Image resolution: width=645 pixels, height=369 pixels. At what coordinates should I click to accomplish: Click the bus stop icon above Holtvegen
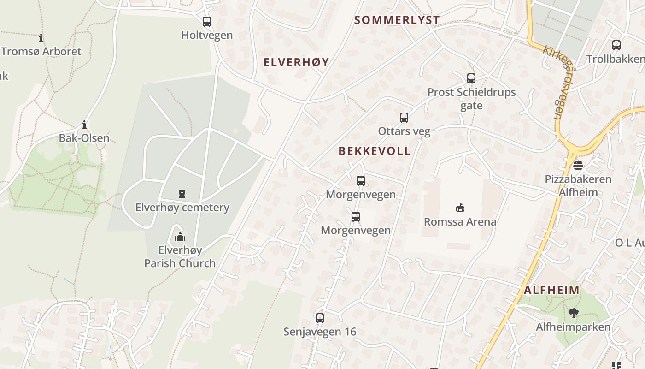point(207,21)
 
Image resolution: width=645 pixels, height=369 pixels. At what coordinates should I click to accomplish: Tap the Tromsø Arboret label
point(41,51)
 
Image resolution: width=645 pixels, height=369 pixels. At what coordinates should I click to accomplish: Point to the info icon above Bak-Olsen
point(84,125)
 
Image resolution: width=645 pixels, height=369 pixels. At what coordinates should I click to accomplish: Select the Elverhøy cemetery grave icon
point(182,194)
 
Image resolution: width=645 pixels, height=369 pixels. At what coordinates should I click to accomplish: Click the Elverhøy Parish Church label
point(180,257)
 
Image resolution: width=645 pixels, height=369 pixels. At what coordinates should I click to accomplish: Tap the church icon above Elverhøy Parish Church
point(180,237)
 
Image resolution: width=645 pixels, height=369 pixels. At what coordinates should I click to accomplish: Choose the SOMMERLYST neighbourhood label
point(397,20)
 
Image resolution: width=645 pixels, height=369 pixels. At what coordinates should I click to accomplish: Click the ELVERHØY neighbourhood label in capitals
point(296,62)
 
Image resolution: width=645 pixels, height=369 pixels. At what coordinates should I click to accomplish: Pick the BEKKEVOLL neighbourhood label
point(374,151)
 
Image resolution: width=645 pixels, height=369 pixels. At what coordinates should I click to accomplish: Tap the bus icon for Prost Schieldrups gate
point(471,78)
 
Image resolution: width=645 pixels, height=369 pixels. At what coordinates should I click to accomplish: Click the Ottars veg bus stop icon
point(404,118)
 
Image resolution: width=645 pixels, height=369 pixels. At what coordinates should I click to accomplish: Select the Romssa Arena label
point(460,222)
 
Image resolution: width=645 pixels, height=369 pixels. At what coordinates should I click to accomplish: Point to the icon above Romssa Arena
point(460,208)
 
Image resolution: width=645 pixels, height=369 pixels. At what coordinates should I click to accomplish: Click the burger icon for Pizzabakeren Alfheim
point(578,165)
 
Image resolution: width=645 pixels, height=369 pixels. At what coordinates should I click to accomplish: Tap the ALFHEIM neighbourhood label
point(551,290)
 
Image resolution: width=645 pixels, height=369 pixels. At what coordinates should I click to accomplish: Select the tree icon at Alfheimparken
point(573,313)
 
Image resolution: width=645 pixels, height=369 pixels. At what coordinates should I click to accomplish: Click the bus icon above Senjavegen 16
point(320,318)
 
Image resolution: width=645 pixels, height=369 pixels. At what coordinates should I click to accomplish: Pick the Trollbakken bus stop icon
point(616,45)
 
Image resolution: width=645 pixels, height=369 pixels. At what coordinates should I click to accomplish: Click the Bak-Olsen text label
point(84,138)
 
